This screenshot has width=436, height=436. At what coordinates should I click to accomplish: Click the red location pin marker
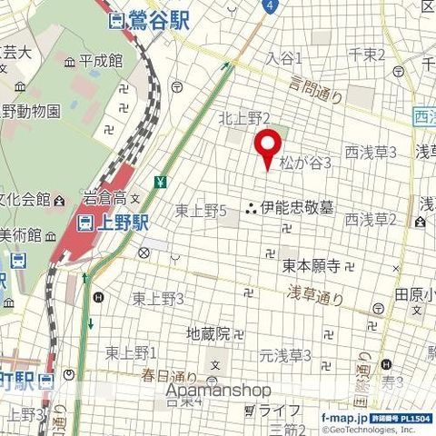point(267,147)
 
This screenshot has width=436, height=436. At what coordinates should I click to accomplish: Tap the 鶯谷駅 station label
point(148,19)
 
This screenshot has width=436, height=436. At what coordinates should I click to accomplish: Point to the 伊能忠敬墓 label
point(296,208)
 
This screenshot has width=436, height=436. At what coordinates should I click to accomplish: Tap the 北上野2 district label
point(244,118)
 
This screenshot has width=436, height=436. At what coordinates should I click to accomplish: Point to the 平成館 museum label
point(100,62)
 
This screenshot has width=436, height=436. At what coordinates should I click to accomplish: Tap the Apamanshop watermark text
point(219,390)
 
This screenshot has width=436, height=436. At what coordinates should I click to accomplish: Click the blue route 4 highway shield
point(270,5)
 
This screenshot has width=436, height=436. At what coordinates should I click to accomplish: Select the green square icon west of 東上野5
point(160,181)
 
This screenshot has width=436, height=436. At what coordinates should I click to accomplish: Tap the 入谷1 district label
point(283,57)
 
